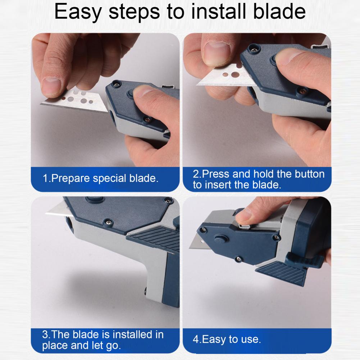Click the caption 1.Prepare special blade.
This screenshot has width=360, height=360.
101,178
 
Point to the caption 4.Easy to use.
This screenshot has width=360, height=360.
227,339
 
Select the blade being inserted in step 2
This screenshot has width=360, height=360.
223,77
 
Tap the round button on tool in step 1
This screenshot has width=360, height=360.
130,95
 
